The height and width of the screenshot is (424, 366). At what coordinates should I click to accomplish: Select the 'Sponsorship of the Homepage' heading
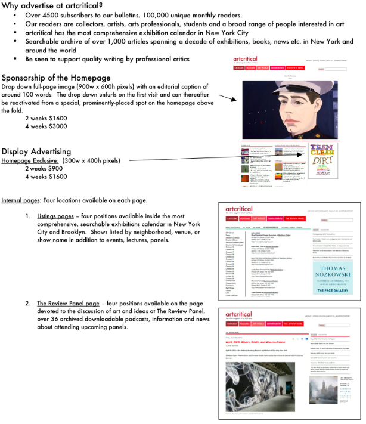pyautogui.click(x=56, y=78)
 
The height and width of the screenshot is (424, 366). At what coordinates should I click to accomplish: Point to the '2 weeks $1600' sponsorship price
pyautogui.click(x=46, y=118)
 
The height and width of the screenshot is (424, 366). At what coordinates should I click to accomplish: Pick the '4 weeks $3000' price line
pyautogui.click(x=46, y=126)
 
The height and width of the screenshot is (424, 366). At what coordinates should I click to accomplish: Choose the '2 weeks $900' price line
pyautogui.click(x=44, y=168)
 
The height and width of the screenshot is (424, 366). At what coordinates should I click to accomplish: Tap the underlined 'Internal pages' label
pyautogui.click(x=20, y=200)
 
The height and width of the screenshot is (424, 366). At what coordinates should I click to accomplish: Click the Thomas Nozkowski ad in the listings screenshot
pyautogui.click(x=332, y=269)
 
